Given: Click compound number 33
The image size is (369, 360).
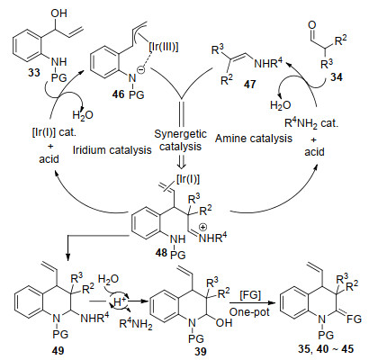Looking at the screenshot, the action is coord(34,72).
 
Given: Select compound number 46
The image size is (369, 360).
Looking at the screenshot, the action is coord(118,94).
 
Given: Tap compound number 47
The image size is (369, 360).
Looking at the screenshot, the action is coord(249,84).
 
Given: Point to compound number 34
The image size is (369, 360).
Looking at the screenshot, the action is coord(336,77).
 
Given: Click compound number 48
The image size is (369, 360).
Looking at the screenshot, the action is coord(161,252).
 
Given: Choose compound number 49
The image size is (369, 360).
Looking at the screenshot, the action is coord(58,350).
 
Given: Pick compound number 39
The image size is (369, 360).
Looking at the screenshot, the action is coord(200,351).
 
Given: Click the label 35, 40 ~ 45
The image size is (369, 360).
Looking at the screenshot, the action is coord(326,349).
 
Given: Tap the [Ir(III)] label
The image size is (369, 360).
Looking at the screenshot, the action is coord(164,48).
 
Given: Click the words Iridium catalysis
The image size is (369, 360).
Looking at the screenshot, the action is coord(112,149).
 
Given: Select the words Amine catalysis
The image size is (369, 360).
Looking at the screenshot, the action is coord(254,139).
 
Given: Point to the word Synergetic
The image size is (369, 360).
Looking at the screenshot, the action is coord(180,134).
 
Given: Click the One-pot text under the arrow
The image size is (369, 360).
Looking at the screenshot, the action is coord(249,312).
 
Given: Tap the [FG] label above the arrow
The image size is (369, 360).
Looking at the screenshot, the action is coord(250,295).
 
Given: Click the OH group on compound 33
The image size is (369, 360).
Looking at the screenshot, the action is coord(58,13).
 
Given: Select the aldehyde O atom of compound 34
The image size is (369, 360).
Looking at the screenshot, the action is coord(312,25).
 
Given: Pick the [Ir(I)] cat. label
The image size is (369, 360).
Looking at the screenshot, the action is coord(54,132).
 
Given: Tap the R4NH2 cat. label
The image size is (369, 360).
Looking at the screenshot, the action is coord(311,123).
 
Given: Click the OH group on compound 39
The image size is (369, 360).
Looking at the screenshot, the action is coord(224,322).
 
